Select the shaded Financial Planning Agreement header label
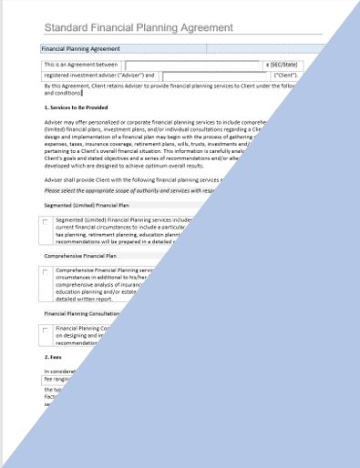pyautogui.click(x=81, y=49)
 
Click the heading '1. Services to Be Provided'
pyautogui.click(x=81, y=107)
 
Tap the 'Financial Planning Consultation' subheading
pyautogui.click(x=85, y=313)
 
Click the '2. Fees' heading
pyautogui.click(x=55, y=358)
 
